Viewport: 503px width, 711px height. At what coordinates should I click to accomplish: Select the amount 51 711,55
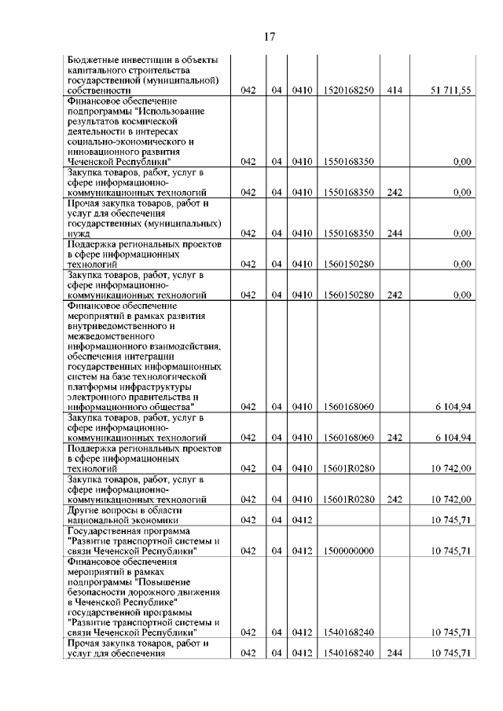click(x=450, y=91)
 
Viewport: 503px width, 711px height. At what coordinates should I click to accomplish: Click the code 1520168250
click(x=348, y=91)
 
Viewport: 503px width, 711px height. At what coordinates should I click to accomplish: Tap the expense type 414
click(x=395, y=91)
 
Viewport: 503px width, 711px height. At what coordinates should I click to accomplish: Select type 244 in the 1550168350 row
click(x=395, y=233)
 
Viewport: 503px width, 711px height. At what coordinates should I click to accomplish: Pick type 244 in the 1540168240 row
click(x=395, y=652)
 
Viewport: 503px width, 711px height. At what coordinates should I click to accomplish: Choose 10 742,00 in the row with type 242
click(x=450, y=499)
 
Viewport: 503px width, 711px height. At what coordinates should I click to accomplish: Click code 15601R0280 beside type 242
click(x=348, y=499)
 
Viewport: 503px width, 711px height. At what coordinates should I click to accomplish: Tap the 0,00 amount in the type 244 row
click(x=461, y=233)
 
